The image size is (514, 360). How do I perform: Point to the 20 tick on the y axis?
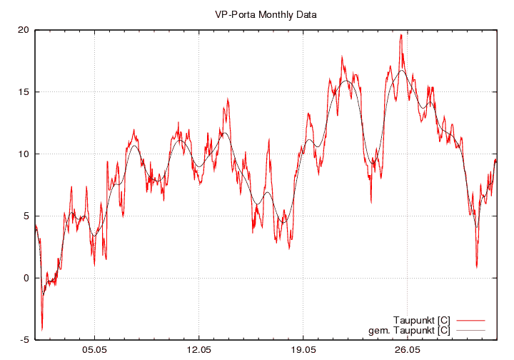coord(24,30)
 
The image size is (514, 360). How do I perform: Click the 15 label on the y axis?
coord(24,92)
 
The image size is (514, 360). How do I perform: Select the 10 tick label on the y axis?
coord(24,154)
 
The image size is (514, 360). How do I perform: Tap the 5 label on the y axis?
coord(26,216)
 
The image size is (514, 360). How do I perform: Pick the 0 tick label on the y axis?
coord(26,278)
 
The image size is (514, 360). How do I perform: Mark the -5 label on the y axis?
coord(24,340)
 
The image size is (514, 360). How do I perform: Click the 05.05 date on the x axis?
coord(94,351)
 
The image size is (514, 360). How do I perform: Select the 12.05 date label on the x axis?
coord(198,351)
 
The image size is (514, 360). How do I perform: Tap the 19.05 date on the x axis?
coord(303,351)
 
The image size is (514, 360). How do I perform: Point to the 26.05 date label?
coord(407,351)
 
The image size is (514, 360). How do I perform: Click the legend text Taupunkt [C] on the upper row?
coord(421,319)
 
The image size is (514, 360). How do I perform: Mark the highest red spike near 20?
coord(401,35)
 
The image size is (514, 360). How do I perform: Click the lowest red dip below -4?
coord(42,329)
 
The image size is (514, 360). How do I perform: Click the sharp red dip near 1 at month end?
coord(477,266)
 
